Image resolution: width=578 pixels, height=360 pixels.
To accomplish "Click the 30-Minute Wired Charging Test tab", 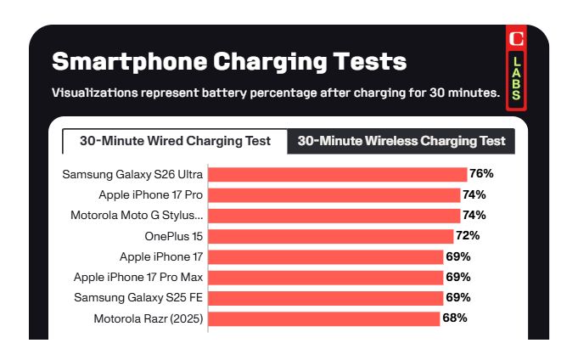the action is pos(175,141).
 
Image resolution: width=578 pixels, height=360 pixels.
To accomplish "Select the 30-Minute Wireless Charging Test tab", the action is pos(401,141).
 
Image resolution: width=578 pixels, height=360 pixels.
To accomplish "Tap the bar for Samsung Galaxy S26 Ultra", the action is pos(338,174).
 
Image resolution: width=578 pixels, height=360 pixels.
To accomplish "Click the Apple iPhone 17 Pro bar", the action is pos(334,195).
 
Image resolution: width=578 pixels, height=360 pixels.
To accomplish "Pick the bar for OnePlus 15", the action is pos(331,236).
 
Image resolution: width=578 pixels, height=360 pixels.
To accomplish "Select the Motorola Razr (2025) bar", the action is pos(324,319).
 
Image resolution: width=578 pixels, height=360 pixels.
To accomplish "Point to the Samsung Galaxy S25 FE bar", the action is pos(325,298).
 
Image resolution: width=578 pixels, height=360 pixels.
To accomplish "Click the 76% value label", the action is pos(481,174).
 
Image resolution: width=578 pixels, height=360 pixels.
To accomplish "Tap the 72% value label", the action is pos(468,236).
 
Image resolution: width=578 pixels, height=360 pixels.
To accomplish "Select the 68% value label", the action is pos(455,318).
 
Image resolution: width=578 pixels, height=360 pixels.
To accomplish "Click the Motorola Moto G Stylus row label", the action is pos(137,216).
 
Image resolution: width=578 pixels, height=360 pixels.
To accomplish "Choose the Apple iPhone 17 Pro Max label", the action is pos(138,278).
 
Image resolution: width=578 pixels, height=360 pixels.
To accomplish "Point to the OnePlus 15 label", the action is pos(174,236).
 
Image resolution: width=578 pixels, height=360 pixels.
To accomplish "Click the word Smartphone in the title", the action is pos(130,62).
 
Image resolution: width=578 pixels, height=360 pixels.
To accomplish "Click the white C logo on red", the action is pos(516,39).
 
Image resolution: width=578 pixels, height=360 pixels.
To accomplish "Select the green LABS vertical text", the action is pos(516,79).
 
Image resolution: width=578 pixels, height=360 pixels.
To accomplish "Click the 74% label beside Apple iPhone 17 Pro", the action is pos(474,194).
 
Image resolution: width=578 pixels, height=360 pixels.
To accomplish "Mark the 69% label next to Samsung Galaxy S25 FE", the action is pos(458,298).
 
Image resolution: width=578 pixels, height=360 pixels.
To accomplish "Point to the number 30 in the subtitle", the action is pos(437,93).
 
